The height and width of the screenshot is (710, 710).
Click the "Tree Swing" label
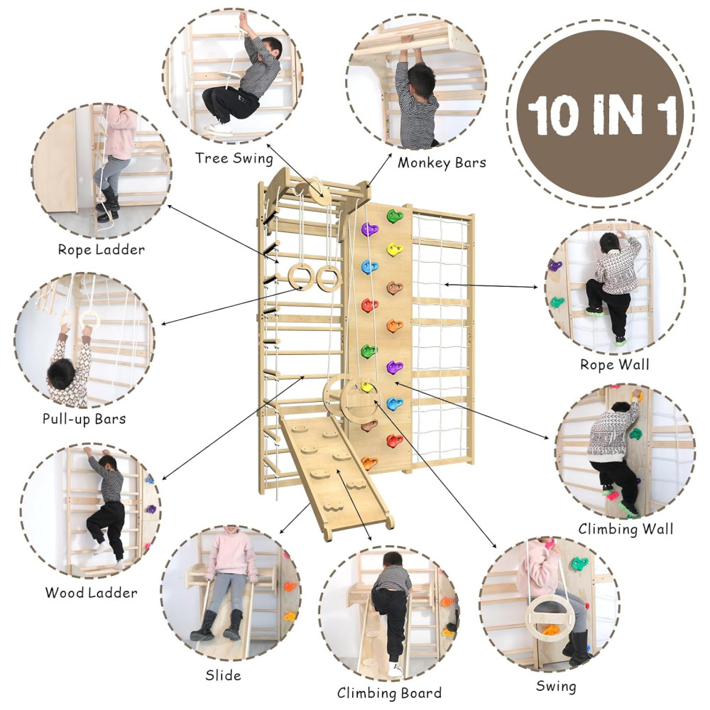tap(234, 158)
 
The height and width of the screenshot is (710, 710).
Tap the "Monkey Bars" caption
tap(442, 163)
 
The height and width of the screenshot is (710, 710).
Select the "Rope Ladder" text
tap(102, 249)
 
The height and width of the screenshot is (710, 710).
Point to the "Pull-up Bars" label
tap(84, 418)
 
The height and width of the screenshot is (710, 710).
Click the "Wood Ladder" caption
tap(91, 593)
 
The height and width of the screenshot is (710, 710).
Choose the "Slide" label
tap(223, 676)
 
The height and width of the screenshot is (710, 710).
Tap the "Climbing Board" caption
tap(389, 693)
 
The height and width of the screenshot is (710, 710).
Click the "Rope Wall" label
tap(614, 364)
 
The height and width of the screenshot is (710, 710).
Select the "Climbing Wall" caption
tap(626, 529)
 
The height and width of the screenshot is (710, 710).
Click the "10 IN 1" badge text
tap(601, 115)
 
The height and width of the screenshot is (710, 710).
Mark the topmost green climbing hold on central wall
tap(394, 216)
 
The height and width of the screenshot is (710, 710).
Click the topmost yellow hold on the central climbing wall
tap(394, 248)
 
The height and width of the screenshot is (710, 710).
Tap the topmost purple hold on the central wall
tap(369, 229)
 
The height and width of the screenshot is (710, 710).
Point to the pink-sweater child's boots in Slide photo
tap(217, 626)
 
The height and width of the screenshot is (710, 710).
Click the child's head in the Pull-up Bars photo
tap(61, 374)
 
